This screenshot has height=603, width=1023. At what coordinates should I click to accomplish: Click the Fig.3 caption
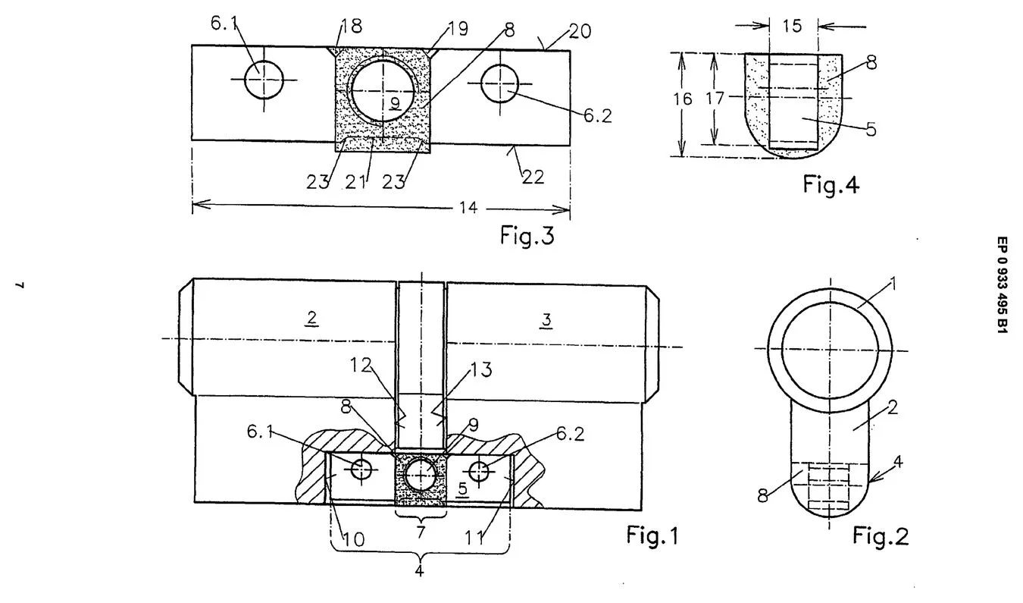click(527, 235)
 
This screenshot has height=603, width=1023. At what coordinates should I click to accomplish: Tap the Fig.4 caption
click(831, 184)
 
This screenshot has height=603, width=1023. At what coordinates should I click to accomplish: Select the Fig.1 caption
click(652, 535)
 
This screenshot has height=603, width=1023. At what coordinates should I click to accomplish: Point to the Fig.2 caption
click(881, 535)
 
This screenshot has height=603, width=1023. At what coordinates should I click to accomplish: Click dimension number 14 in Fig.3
click(468, 208)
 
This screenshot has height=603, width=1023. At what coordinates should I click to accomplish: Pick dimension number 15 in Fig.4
click(792, 26)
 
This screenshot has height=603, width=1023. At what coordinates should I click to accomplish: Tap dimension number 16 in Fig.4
click(683, 99)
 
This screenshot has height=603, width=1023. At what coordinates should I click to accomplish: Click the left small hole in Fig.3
click(264, 80)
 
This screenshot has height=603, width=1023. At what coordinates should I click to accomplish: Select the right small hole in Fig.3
click(500, 83)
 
